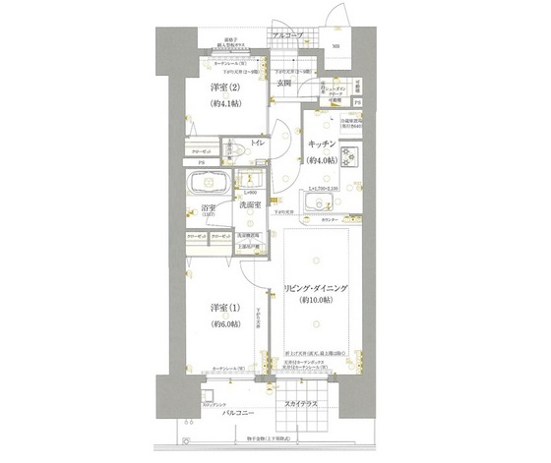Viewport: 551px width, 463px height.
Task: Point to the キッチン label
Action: click(322, 143)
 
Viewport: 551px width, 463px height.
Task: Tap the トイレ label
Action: click(257, 144)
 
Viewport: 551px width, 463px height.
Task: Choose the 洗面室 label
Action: click(250, 204)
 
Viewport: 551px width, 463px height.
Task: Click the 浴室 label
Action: click(208, 207)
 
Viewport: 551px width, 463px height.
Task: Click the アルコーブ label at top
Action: click(287, 35)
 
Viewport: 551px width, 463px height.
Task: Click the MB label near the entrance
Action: click(336, 47)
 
